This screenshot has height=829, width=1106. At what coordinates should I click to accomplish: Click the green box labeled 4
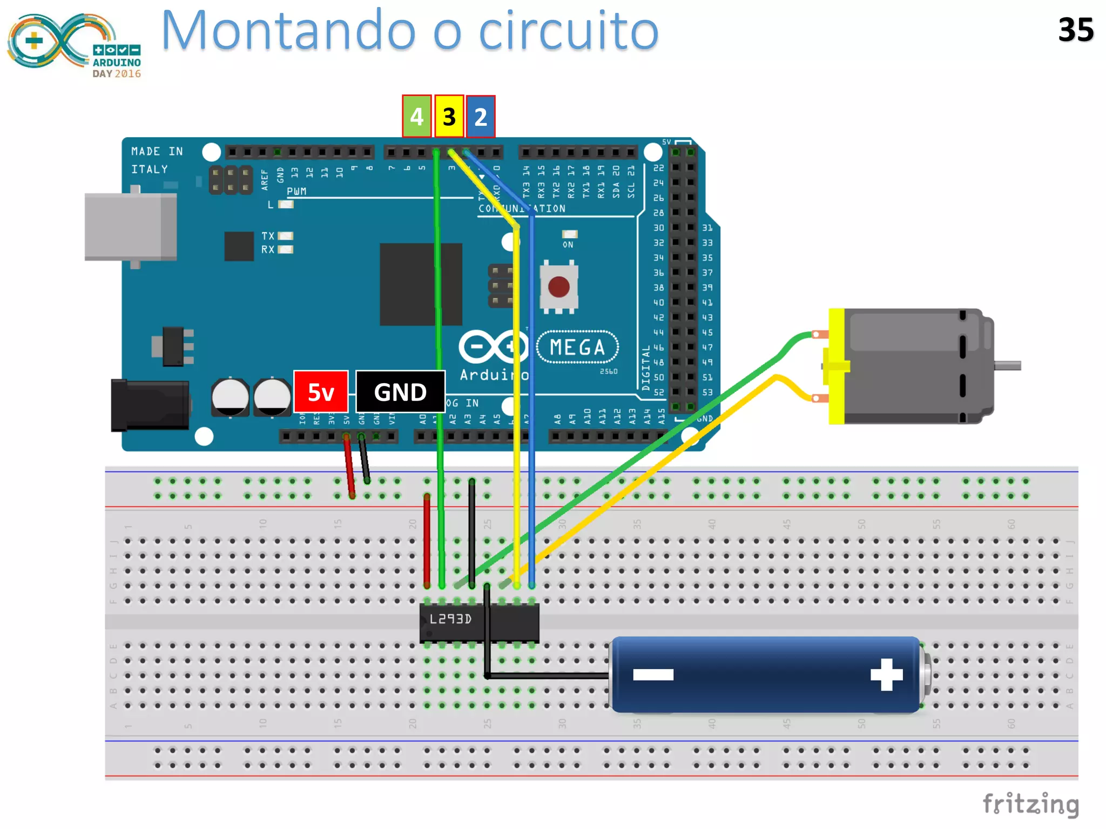point(416,117)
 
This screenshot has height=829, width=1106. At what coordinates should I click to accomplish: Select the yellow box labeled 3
point(449,117)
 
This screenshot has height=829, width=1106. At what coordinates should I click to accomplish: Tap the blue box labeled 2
point(481,117)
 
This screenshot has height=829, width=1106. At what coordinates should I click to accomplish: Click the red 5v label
point(321,392)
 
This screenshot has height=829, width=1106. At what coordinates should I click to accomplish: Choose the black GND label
point(400,392)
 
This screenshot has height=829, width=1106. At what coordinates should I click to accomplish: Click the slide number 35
point(1075,30)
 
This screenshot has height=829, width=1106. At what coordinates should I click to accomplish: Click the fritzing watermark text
point(1030,804)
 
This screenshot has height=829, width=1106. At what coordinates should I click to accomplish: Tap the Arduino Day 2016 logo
point(74,45)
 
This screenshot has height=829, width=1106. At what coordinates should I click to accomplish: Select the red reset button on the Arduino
point(558,287)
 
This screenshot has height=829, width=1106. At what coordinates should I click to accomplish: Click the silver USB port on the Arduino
point(131,227)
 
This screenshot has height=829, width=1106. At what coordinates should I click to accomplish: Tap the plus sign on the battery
point(886,674)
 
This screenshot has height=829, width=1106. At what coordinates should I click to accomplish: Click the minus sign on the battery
point(653,674)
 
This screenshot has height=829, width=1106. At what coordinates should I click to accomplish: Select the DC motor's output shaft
point(1008,366)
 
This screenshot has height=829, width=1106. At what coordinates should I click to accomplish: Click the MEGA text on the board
point(577,347)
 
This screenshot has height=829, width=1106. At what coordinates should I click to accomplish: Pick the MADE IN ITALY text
point(157,160)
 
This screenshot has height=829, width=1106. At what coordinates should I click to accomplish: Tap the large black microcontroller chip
point(421,284)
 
